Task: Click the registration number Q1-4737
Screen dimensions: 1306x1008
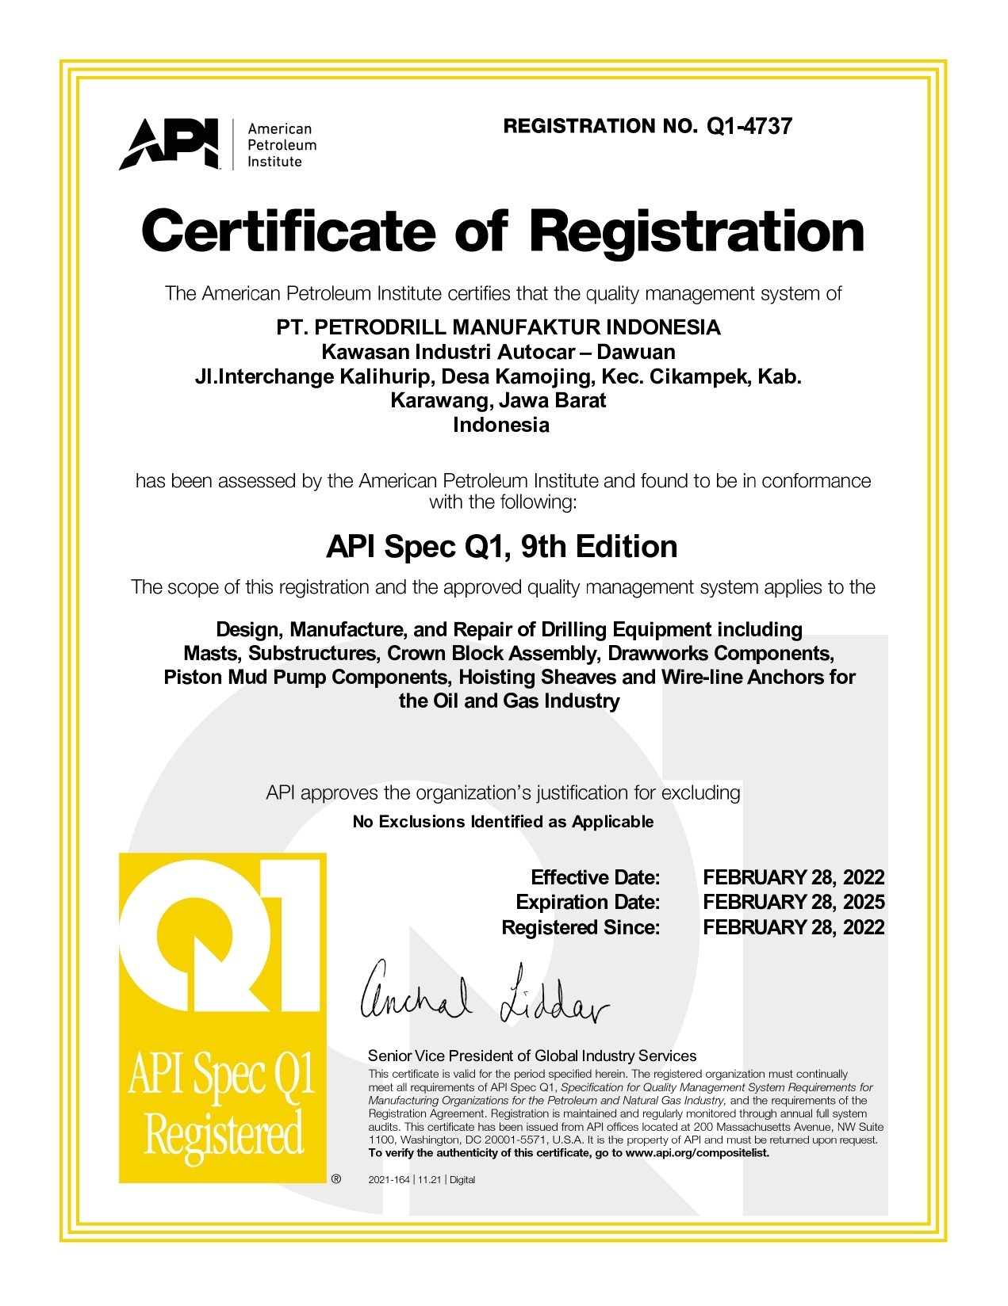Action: [x=749, y=127]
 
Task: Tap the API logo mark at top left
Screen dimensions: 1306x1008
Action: [x=169, y=143]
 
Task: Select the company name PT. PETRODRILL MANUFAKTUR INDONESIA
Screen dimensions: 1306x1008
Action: [x=498, y=327]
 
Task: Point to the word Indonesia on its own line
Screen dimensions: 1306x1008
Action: [x=500, y=425]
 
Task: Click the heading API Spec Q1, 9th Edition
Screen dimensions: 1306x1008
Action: [x=502, y=547]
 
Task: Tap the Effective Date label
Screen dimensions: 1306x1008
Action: [x=595, y=877]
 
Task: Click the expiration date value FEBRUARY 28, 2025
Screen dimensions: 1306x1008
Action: [x=793, y=902]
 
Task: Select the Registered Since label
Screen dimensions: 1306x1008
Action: [x=581, y=927]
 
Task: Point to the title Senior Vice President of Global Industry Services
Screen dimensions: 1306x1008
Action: [x=532, y=1056]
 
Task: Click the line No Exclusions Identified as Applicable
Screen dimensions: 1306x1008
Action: [x=503, y=822]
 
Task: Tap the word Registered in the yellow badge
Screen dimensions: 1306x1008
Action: [x=224, y=1134]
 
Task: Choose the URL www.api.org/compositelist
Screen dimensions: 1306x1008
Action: [x=697, y=1153]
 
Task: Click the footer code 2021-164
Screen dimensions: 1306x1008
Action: [x=389, y=1180]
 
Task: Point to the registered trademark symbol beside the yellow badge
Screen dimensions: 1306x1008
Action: [x=336, y=1179]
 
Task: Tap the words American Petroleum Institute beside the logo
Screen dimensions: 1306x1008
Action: [x=282, y=145]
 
